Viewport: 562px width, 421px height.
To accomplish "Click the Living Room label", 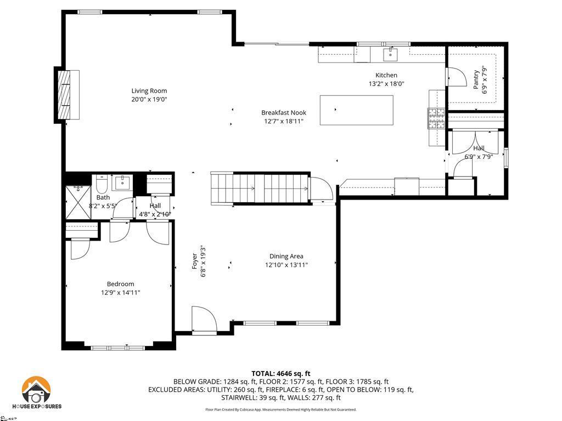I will [x=149, y=91].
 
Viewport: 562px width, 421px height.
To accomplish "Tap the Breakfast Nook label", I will [x=283, y=113].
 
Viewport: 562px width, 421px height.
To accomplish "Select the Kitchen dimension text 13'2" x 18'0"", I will [x=386, y=84].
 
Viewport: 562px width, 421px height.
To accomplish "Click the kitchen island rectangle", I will [x=357, y=110].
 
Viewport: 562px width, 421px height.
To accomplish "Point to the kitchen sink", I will [x=390, y=54].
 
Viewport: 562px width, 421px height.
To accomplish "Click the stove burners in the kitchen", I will [x=436, y=118].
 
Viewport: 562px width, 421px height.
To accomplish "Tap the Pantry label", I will [x=476, y=77].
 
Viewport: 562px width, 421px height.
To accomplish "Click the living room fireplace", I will [x=66, y=94].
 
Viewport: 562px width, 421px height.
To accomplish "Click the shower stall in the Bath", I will [x=77, y=200].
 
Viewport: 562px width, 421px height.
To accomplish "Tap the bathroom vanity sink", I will [x=122, y=183].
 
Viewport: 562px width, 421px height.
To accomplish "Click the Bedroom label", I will [x=120, y=284].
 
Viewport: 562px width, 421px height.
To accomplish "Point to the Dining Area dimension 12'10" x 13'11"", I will [x=286, y=265].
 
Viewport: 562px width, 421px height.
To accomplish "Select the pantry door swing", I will [x=455, y=77].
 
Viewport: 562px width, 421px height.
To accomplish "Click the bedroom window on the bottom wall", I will [x=117, y=347].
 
